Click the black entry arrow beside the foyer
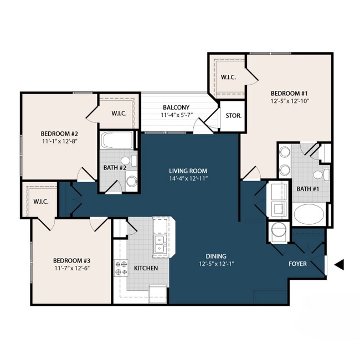pyautogui.click(x=340, y=265)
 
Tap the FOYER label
pyautogui.click(x=297, y=264)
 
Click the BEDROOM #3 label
pyautogui.click(x=71, y=260)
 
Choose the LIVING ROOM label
pyautogui.click(x=188, y=171)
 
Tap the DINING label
pyautogui.click(x=216, y=256)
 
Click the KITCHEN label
pyautogui.click(x=146, y=268)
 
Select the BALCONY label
pyautogui.click(x=176, y=107)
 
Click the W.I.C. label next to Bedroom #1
pyautogui.click(x=228, y=77)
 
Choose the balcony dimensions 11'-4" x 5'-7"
pyautogui.click(x=176, y=115)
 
